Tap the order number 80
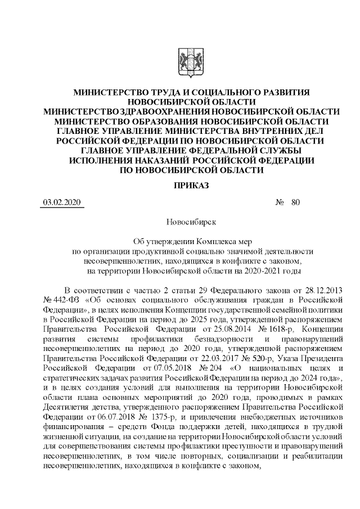pos(296,203)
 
